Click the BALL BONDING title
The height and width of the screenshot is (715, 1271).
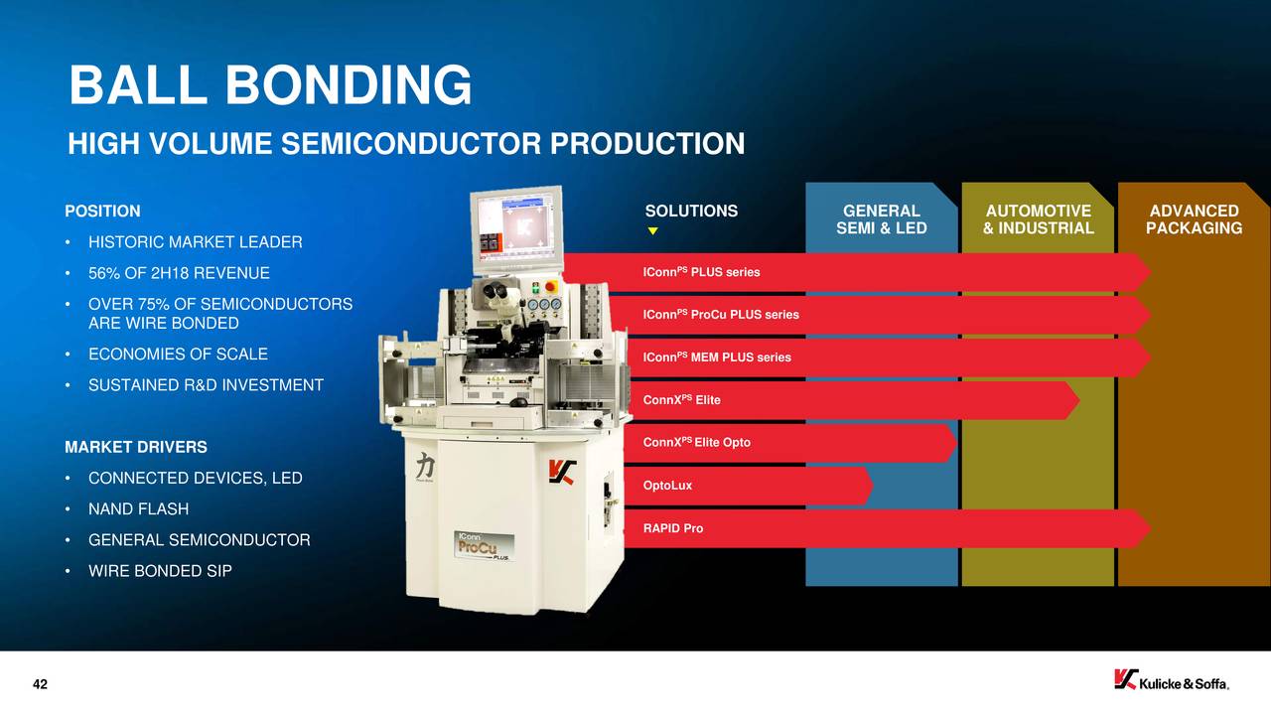click(x=270, y=85)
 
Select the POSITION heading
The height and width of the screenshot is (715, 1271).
click(x=102, y=212)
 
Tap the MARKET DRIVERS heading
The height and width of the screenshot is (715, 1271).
click(x=136, y=448)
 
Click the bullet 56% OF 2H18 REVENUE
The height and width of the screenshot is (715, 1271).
click(x=179, y=273)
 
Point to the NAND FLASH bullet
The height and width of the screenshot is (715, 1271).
click(x=138, y=509)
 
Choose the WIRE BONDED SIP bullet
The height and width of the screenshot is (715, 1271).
click(x=160, y=571)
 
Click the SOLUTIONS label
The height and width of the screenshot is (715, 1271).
click(x=691, y=212)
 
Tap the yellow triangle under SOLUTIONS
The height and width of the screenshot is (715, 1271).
click(x=652, y=231)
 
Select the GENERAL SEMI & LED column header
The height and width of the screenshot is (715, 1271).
click(x=881, y=219)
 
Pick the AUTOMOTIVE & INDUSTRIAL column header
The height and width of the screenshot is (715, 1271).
click(x=1038, y=219)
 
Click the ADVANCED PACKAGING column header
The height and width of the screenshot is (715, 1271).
click(x=1194, y=219)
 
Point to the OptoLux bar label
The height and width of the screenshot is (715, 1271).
click(x=667, y=486)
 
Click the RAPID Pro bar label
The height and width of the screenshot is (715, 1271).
click(x=673, y=528)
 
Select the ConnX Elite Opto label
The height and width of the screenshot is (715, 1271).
click(x=697, y=442)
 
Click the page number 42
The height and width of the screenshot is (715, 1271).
click(x=41, y=684)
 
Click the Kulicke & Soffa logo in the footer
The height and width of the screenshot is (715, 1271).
click(x=1171, y=681)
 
